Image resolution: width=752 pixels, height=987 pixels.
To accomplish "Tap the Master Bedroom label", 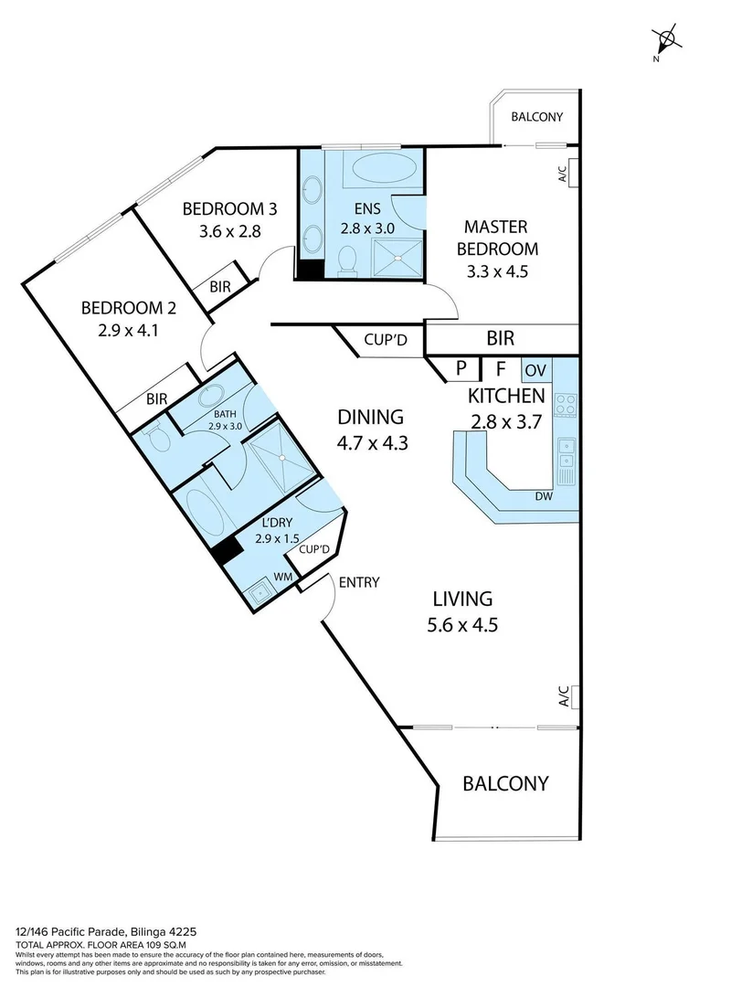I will coord(497,237).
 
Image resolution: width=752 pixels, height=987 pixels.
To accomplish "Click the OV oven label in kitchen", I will coord(536,370).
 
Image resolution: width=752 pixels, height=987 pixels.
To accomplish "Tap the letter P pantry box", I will coord(461,369).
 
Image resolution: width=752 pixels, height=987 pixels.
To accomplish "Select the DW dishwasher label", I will coord(545,497).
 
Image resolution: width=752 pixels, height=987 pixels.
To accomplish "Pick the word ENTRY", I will coord(358,582).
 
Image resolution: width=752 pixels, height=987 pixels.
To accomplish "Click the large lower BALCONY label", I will coord(505,783).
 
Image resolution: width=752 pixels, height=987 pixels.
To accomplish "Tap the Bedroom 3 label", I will coord(230,219).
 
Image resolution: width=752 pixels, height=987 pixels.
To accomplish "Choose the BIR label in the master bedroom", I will coord(500,338).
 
